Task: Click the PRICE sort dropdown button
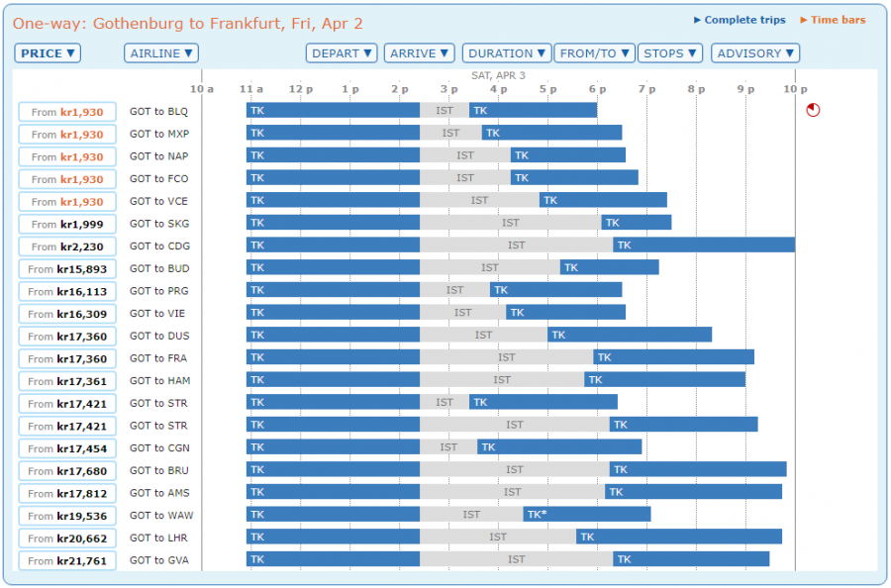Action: click(x=48, y=53)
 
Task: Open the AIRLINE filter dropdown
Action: click(x=161, y=53)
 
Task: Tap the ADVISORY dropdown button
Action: click(x=755, y=53)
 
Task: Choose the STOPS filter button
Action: click(x=670, y=53)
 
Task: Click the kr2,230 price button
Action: click(x=67, y=246)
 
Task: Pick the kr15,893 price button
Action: click(x=67, y=269)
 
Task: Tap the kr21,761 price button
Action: click(x=67, y=561)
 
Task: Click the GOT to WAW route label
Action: click(x=159, y=515)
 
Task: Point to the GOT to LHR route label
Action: click(x=158, y=538)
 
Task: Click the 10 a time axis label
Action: click(x=202, y=89)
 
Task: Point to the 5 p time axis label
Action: click(x=547, y=89)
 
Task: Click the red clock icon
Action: click(x=813, y=110)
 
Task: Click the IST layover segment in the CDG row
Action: click(x=516, y=245)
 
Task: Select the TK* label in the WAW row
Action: click(x=537, y=514)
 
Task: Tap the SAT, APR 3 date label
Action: click(x=498, y=75)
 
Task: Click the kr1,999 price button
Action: click(x=67, y=225)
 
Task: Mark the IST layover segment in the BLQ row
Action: click(x=445, y=110)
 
